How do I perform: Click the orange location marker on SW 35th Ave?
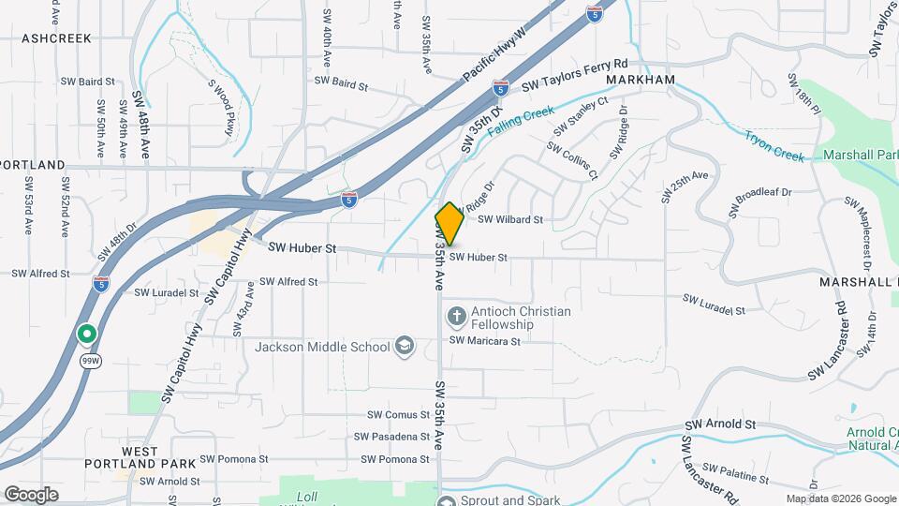pyautogui.click(x=449, y=224)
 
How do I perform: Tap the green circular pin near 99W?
pyautogui.click(x=87, y=334)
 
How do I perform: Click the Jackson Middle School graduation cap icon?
pyautogui.click(x=405, y=347)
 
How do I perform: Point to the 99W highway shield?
pyautogui.click(x=91, y=362)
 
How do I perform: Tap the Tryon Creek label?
pyautogui.click(x=774, y=145)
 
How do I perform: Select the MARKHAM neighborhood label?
pyautogui.click(x=641, y=81)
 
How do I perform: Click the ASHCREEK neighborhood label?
pyautogui.click(x=56, y=38)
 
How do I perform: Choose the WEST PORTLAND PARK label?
pyautogui.click(x=140, y=457)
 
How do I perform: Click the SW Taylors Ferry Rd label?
pyautogui.click(x=574, y=75)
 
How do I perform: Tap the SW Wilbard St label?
pyautogui.click(x=510, y=220)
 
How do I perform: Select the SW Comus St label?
pyautogui.click(x=397, y=414)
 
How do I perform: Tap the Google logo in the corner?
pyautogui.click(x=31, y=494)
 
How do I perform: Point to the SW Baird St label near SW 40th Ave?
pyautogui.click(x=341, y=83)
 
